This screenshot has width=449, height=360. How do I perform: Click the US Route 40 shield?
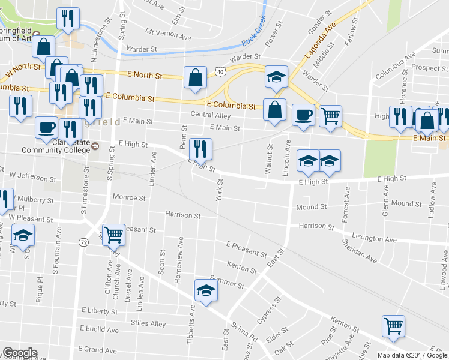click(221, 72)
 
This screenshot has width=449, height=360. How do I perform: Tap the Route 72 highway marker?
click(83, 241)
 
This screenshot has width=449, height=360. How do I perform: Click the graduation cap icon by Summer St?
click(206, 291)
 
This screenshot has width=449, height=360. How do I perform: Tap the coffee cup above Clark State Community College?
click(46, 127)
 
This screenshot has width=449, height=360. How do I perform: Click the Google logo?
click(20, 353)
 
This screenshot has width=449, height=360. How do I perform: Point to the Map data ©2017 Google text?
click(412, 355)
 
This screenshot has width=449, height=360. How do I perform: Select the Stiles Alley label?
click(149, 324)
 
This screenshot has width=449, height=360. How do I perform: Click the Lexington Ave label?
click(375, 239)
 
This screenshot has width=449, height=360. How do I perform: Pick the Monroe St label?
click(129, 197)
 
